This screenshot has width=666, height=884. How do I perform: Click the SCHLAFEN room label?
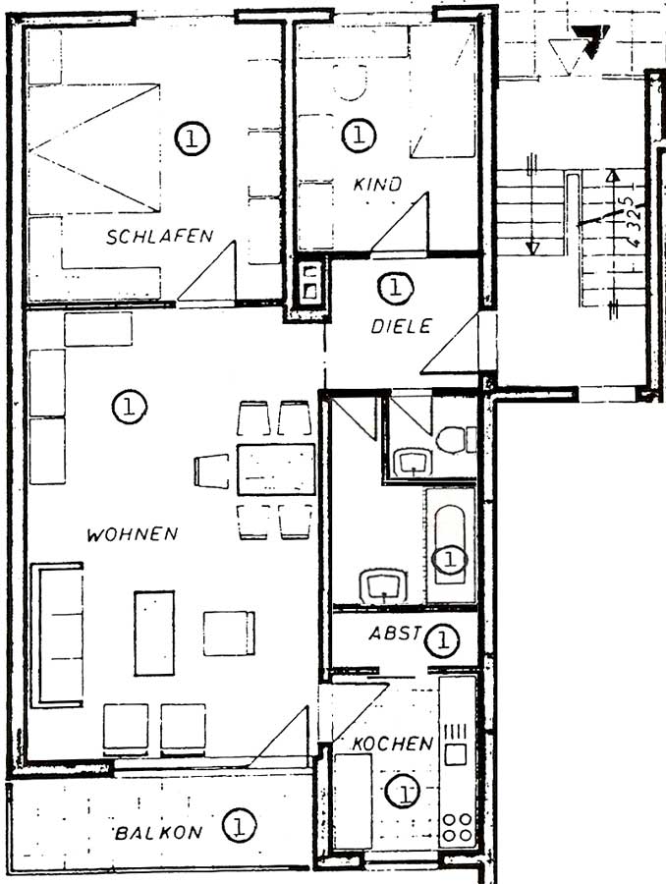click(x=160, y=236)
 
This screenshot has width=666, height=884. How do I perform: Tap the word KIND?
click(x=377, y=184)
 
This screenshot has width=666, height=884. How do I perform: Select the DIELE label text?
click(x=402, y=326)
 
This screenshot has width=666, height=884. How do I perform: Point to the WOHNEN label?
click(x=133, y=534)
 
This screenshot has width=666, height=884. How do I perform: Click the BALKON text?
click(x=158, y=833)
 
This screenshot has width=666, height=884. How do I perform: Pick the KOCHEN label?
click(x=393, y=744)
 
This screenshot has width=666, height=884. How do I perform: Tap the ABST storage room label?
click(x=395, y=634)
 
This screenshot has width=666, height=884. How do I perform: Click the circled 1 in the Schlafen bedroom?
click(x=192, y=138)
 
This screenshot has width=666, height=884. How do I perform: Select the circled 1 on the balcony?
click(x=239, y=826)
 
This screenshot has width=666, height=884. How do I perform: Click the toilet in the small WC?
click(x=456, y=440)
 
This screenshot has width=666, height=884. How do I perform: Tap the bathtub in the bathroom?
click(x=450, y=544)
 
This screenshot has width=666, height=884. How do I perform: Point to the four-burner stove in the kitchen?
click(x=457, y=827)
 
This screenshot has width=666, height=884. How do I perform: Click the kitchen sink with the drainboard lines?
click(x=456, y=745)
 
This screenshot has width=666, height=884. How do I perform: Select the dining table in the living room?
click(x=276, y=470)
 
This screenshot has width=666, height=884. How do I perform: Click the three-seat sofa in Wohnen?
click(x=58, y=635)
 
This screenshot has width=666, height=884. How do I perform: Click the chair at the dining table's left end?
click(x=211, y=470)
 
